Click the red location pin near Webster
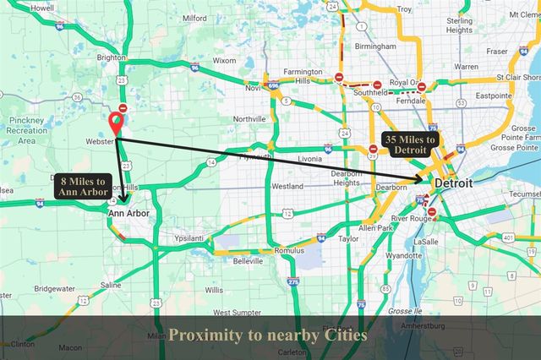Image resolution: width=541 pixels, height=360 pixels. (116, 123)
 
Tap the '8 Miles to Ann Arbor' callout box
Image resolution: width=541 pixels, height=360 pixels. (82, 186)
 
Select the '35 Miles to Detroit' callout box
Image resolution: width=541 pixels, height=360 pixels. (409, 145)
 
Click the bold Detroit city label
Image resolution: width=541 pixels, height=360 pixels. (454, 183)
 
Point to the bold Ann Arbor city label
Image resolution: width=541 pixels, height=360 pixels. (128, 214)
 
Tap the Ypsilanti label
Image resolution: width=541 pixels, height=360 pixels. (189, 238)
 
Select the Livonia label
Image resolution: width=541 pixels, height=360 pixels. (310, 158)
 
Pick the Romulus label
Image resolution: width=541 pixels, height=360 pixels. (289, 251)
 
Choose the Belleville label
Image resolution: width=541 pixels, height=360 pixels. (248, 261)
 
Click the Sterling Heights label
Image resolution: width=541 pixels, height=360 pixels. (460, 25)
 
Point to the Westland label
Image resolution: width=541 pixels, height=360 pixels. (287, 185)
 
